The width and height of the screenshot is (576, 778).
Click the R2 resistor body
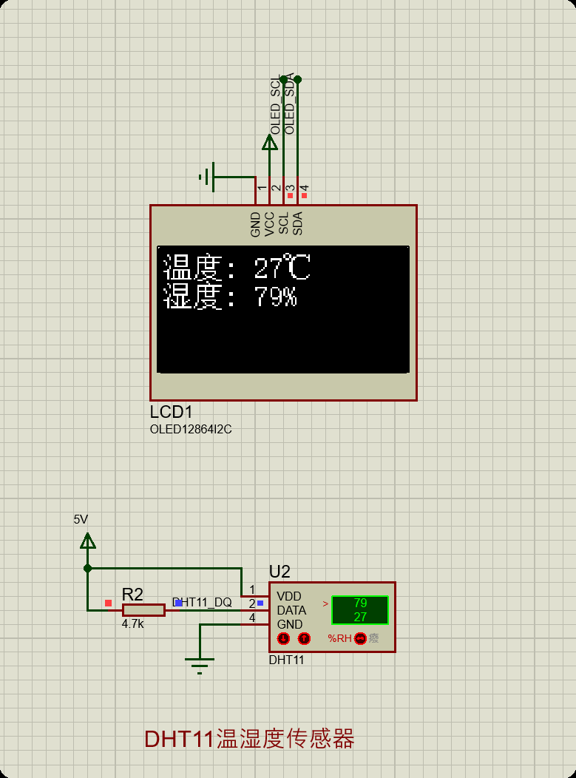[143, 610]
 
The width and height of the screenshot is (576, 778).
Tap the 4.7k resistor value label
[133, 624]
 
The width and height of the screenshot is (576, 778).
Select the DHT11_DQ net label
[202, 603]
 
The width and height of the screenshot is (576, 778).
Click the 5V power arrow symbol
[88, 541]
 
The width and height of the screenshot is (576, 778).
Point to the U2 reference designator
[279, 572]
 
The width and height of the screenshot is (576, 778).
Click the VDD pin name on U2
[289, 596]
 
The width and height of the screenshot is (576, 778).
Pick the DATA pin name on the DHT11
[291, 611]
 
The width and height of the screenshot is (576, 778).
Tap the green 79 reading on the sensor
[360, 603]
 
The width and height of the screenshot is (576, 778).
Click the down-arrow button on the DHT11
[283, 638]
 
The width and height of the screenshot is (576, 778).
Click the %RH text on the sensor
[339, 638]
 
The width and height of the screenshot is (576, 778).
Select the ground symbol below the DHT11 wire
[200, 663]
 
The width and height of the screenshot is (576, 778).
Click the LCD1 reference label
[171, 413]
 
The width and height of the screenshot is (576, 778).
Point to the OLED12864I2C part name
[191, 429]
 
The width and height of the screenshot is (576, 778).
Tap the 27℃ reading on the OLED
[282, 268]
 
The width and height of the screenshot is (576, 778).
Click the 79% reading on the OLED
[275, 297]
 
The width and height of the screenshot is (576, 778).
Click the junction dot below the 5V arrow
[88, 568]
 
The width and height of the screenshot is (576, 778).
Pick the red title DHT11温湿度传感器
[249, 739]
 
